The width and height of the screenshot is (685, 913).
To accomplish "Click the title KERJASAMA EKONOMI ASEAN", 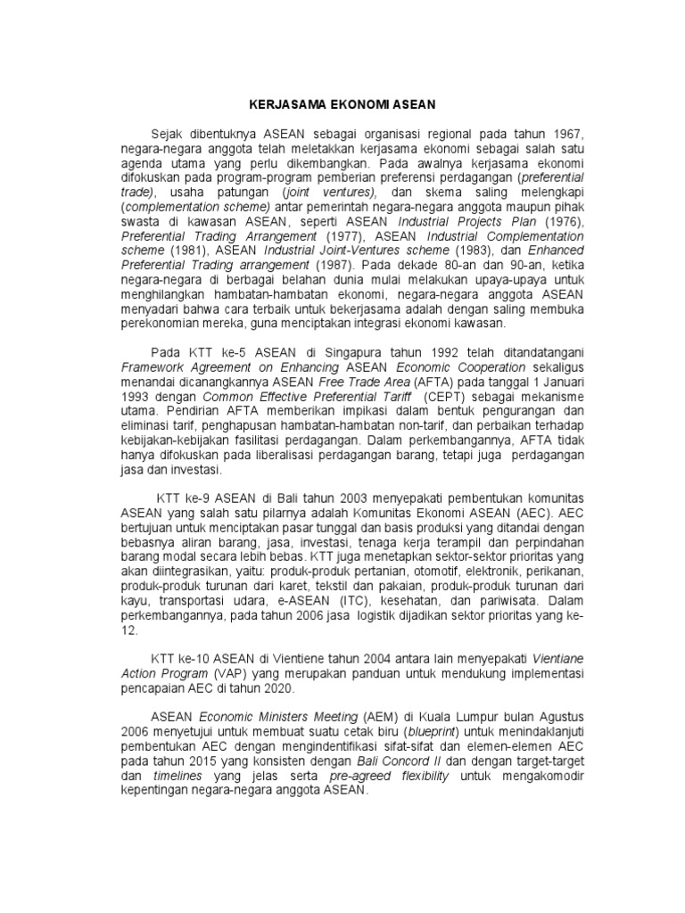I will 342,104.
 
